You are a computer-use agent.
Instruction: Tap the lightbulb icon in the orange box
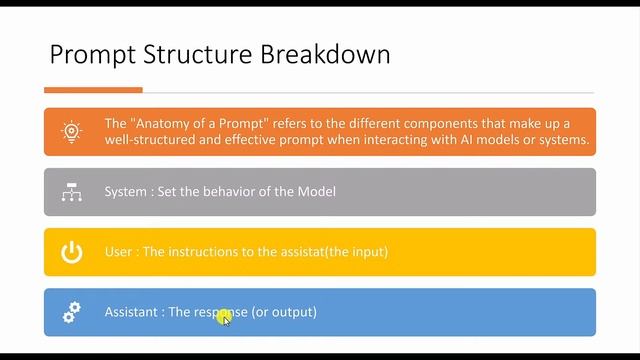click(x=71, y=132)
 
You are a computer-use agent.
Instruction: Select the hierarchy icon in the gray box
click(x=71, y=192)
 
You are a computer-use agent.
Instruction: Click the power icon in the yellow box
click(x=71, y=252)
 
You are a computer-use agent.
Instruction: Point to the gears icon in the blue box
click(x=71, y=312)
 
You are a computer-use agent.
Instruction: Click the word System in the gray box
click(x=126, y=192)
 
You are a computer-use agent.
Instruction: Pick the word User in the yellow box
click(x=118, y=252)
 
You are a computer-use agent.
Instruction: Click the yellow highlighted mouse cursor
click(x=224, y=317)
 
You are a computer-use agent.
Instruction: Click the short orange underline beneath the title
click(x=94, y=89)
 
